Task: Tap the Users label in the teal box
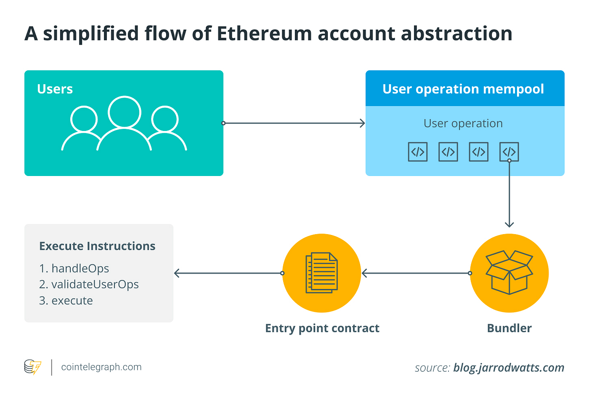point(55,89)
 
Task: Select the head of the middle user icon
point(124,112)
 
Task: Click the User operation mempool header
point(463,89)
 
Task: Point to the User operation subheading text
point(463,123)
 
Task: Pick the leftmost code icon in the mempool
point(417,152)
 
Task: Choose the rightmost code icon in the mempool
point(509,152)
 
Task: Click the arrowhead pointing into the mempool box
point(362,123)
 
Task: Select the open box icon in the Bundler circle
point(509,272)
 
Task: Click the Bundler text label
point(509,328)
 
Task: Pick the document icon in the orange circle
point(321,273)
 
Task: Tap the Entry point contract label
point(322,328)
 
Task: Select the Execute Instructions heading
point(97,246)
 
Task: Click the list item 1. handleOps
point(74,269)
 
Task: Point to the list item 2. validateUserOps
point(89,285)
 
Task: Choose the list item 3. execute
point(66,301)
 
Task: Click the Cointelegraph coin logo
point(33,367)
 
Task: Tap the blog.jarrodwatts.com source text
point(508,368)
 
